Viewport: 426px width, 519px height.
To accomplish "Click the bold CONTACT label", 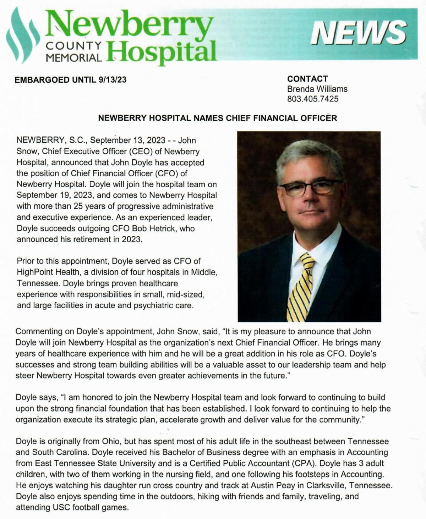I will (x=307, y=79).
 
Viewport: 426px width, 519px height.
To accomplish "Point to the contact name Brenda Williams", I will (x=317, y=89).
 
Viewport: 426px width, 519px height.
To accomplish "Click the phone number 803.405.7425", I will (x=313, y=99).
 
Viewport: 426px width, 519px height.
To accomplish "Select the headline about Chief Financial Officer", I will (x=217, y=118).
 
